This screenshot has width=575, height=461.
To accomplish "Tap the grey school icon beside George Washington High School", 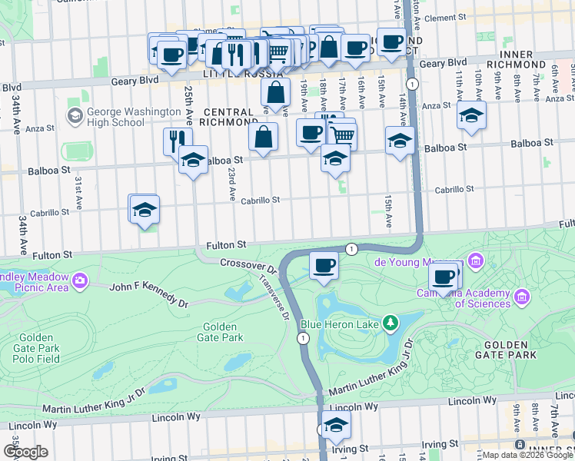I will point(75,115).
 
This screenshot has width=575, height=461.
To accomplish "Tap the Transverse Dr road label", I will point(276,298).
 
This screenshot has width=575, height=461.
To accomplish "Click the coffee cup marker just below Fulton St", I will point(324,266).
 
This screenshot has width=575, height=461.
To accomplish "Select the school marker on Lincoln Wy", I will point(335,424).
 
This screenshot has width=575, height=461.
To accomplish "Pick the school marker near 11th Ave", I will point(471,115).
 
